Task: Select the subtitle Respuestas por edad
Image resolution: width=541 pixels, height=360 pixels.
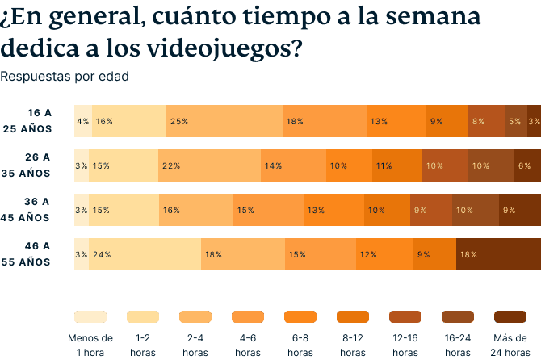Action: tap(65, 77)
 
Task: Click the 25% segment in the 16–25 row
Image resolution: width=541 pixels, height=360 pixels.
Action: tap(224, 121)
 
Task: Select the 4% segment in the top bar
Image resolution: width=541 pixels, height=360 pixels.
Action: tap(82, 121)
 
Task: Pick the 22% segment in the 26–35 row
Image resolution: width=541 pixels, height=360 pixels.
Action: tap(209, 165)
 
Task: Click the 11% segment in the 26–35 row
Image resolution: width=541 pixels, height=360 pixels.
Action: tap(396, 165)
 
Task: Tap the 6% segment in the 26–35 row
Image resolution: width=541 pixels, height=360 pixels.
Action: tap(527, 165)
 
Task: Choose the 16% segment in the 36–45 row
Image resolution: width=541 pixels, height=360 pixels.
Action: tap(196, 210)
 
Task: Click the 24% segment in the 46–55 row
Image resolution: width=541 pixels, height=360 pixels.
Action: tap(145, 254)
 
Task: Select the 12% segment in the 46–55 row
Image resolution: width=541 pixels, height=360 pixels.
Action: tap(383, 254)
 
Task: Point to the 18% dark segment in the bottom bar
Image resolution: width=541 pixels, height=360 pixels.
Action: tap(498, 254)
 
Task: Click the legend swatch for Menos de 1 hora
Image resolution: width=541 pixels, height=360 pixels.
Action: tap(90, 316)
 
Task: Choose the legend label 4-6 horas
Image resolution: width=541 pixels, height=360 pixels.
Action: tap(248, 345)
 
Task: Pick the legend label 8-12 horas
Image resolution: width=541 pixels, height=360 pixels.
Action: tap(353, 345)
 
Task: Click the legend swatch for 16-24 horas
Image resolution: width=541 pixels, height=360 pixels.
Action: tap(458, 316)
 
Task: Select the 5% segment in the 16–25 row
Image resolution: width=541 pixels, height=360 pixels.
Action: tap(515, 121)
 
